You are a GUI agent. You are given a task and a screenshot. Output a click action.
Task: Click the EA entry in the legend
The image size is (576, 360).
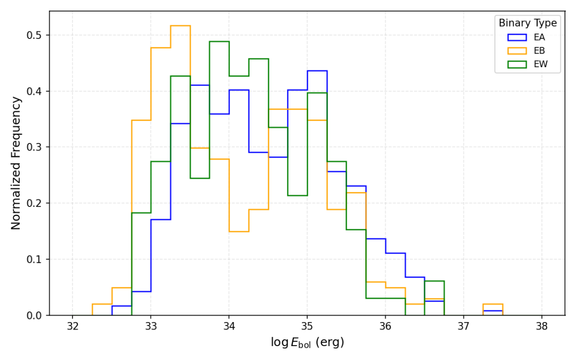pos(539,37)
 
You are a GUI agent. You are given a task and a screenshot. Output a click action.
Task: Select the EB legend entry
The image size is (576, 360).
pos(539,51)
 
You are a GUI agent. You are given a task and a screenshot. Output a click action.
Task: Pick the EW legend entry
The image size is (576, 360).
pos(540,65)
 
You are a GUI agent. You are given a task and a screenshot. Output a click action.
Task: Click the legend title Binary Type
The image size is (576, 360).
pos(527,23)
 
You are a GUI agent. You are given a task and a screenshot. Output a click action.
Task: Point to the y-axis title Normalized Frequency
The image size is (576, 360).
pos(16,163)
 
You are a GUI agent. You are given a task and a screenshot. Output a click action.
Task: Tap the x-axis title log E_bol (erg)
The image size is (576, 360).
pos(307,342)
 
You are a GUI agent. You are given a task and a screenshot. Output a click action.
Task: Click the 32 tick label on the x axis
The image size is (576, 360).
pos(73,326)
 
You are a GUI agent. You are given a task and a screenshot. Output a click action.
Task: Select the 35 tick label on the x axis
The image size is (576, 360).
pos(307,326)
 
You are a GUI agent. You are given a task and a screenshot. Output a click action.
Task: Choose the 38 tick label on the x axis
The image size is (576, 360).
pos(542,326)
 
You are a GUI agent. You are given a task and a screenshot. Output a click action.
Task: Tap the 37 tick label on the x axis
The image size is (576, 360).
pos(463,326)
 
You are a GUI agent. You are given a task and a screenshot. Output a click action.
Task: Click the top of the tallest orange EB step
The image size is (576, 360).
pos(180,26)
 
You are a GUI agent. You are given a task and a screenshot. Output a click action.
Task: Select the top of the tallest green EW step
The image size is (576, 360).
pos(219,42)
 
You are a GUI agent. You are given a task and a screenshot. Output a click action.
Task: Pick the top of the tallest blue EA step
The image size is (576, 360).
pos(317,70)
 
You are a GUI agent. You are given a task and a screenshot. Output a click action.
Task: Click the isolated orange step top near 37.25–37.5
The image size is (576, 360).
pos(493,304)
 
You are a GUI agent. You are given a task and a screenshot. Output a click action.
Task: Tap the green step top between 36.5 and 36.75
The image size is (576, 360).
pos(434,281)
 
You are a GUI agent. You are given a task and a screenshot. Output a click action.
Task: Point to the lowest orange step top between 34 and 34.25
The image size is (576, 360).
pos(239,231)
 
